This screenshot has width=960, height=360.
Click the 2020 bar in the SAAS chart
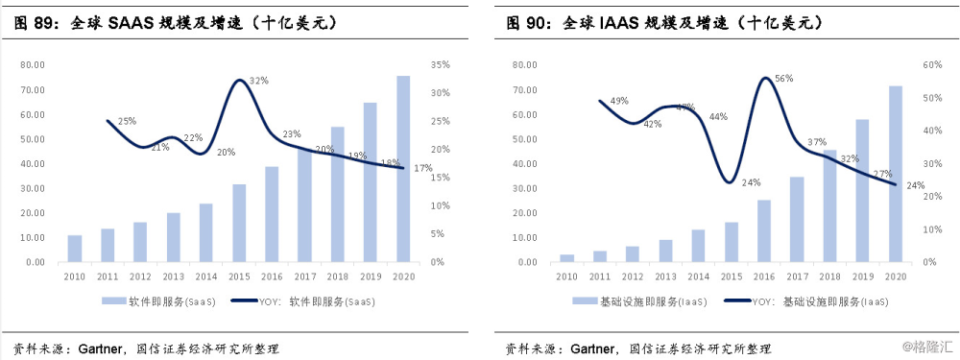(403, 169)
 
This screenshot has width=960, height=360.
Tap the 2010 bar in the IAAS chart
(567, 257)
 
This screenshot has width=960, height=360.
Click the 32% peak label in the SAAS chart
(259, 82)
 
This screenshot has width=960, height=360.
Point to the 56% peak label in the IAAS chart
(783, 79)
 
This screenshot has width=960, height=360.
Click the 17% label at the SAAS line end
(421, 169)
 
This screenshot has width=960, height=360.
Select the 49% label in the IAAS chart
(619, 101)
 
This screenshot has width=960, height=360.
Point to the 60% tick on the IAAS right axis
(931, 65)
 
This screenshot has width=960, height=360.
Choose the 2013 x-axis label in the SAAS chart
(173, 276)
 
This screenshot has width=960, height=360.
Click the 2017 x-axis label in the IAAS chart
(797, 276)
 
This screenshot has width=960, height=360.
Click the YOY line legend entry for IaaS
(806, 300)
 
